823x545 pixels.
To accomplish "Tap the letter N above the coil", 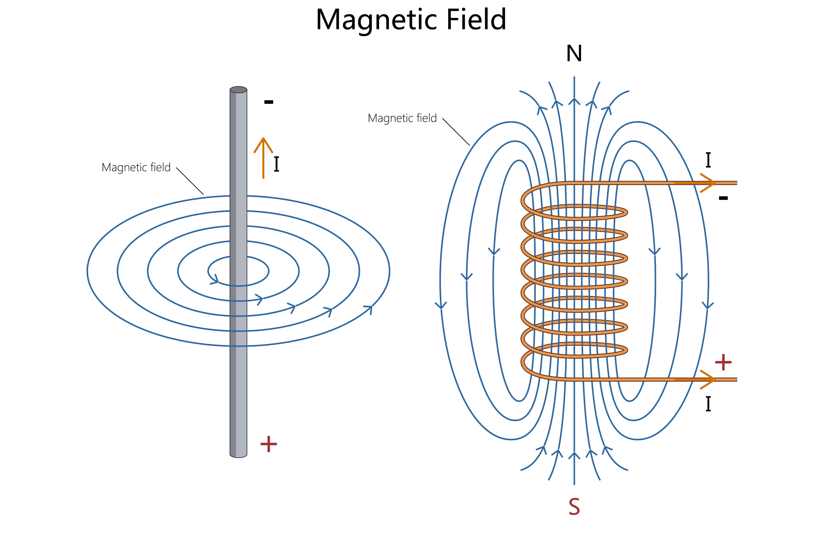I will pos(574,54).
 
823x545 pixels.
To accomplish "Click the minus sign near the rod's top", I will pos(269,102).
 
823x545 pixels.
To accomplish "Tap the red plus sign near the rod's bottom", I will pos(269,444).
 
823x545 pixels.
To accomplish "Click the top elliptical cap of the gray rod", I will pos(238,90).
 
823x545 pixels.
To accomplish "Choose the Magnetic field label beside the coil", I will pos(402,118).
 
